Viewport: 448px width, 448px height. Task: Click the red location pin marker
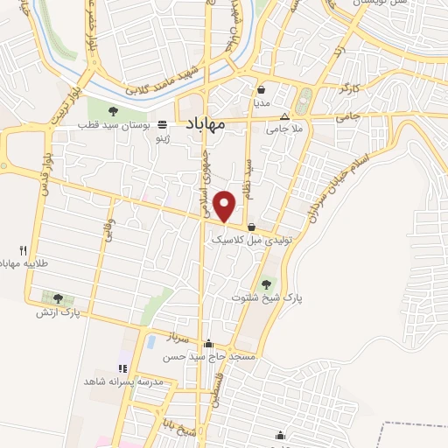coord(225,206)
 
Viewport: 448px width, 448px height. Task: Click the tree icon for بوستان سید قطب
coord(113,110)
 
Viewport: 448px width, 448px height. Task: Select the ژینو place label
coord(162,139)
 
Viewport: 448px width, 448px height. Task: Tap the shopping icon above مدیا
coord(262,89)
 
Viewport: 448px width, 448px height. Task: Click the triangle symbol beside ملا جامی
coord(283,117)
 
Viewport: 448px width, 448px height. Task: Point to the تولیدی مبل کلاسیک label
coord(262,238)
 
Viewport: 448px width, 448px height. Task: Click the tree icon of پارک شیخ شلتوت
coord(267,283)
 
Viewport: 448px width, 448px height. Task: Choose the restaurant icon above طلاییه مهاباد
coord(23,249)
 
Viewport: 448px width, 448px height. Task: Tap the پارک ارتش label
coord(58,311)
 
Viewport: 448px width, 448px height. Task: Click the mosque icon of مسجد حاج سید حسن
coord(207,344)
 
